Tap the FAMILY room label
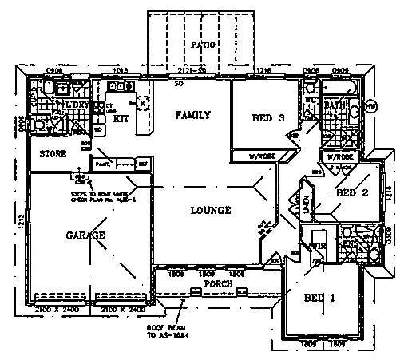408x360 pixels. point(193,115)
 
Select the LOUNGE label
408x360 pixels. point(211,211)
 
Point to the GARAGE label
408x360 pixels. point(86,236)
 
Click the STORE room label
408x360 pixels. point(42,155)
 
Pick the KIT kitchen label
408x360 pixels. point(121,119)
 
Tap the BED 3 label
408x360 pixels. point(269,118)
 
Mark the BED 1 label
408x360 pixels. point(319,298)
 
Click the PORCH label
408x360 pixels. point(218,283)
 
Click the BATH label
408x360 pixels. point(334,105)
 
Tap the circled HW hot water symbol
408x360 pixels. point(370,105)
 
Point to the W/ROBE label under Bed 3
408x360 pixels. point(262,156)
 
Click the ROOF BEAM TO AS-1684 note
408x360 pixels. point(164,331)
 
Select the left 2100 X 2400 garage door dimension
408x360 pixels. point(57,307)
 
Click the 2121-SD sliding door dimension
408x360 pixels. point(192,71)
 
